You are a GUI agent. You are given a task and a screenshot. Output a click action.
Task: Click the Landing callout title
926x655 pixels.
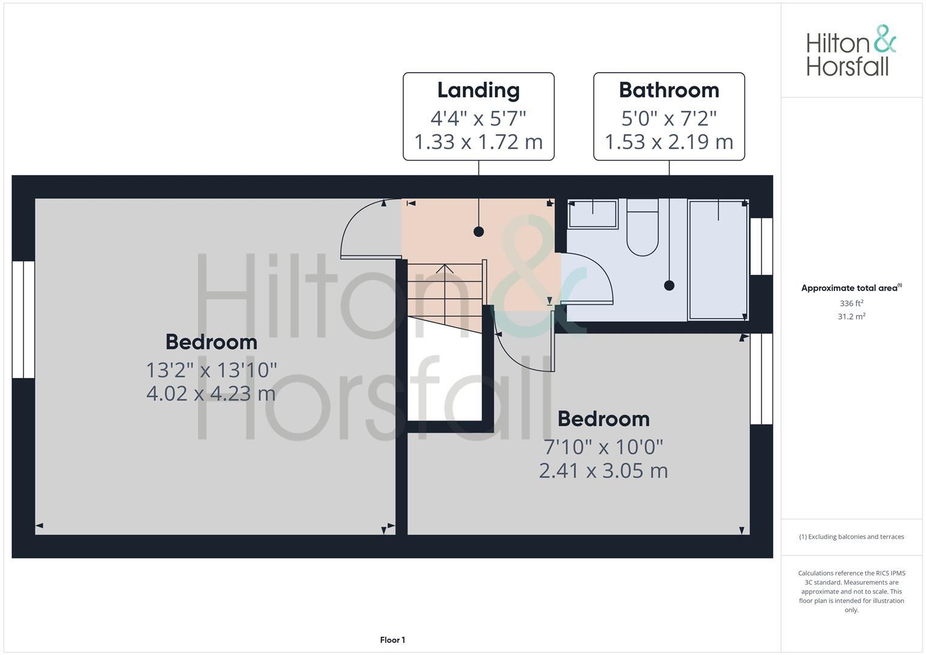[478, 90]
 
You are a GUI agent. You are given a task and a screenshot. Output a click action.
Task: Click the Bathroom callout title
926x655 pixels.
[669, 90]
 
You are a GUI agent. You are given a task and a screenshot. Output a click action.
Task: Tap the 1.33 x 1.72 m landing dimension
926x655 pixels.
[478, 142]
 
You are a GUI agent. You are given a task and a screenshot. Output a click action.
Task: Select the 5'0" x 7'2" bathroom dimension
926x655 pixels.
[669, 118]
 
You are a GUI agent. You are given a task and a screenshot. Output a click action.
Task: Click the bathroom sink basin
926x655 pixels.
[592, 214]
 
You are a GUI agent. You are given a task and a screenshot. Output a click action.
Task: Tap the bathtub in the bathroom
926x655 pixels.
[718, 260]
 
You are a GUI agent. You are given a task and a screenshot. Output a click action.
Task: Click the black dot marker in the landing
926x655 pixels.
[478, 231]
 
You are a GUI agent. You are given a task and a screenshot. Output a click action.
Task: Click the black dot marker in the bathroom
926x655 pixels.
[669, 285]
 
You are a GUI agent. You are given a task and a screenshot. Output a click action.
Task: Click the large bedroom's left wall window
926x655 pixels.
[23, 320]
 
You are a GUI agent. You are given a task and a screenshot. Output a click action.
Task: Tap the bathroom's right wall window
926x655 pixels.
[762, 246]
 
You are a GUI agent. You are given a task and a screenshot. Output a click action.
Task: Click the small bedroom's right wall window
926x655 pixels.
[762, 379]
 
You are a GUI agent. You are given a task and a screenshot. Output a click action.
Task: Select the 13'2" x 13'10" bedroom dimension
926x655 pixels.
[211, 369]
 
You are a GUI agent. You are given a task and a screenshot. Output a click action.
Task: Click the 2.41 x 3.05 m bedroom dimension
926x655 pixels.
[603, 471]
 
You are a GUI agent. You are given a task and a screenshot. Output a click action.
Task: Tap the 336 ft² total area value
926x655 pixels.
[851, 303]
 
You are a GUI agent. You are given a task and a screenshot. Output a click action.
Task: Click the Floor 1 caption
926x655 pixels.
[392, 640]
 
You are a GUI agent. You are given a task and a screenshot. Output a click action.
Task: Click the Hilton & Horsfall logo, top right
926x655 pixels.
[851, 51]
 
